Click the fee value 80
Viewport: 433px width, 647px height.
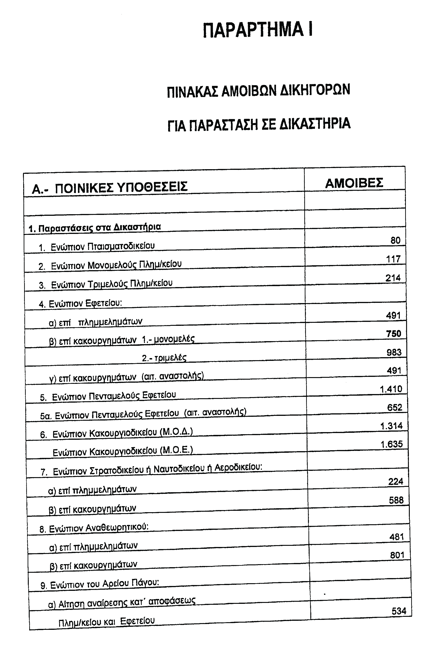(x=395, y=240)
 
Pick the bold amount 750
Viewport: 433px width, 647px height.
(x=394, y=334)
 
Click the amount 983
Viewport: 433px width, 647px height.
(x=394, y=352)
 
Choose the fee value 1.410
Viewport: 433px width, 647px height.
(x=391, y=389)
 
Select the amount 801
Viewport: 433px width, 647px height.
(x=397, y=555)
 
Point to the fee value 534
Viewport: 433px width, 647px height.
(x=399, y=611)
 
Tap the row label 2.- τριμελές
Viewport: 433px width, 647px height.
(x=164, y=358)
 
